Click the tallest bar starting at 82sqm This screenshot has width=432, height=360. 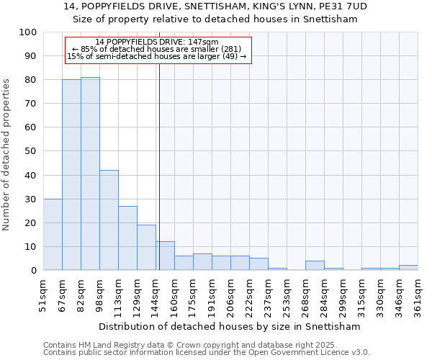[x=90, y=174]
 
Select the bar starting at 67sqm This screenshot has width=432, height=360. [x=71, y=175]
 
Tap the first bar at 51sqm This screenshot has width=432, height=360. [x=53, y=234]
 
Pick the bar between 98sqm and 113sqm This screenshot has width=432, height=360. [x=109, y=220]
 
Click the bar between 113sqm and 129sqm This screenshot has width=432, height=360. [x=127, y=238]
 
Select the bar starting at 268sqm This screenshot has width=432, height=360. [x=315, y=266]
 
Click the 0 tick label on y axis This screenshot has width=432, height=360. [x=33, y=270]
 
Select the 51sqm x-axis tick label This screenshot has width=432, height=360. [x=43, y=295]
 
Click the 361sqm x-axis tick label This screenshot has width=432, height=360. [x=418, y=295]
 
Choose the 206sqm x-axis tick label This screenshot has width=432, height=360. [x=230, y=295]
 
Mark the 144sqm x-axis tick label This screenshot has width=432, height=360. [x=156, y=295]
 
